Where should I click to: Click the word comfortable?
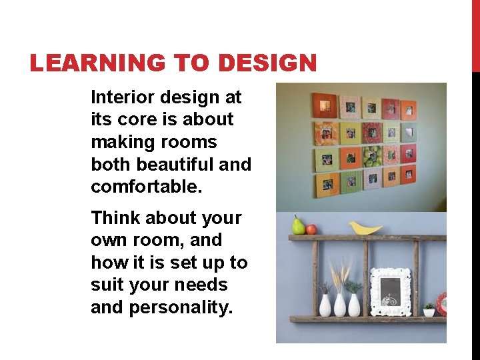146,186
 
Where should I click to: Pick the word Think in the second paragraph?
115,218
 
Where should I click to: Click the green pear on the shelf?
298,226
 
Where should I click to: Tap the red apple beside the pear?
311,229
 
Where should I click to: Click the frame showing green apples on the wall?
372,158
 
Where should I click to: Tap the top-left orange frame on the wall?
325,105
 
